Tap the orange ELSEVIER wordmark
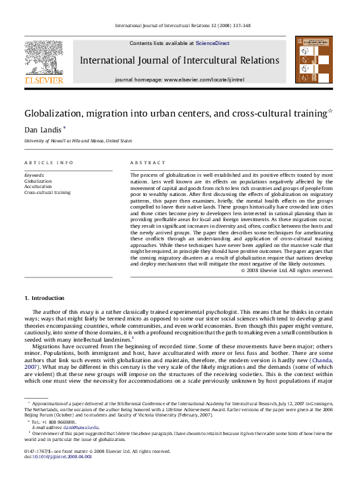(44, 80)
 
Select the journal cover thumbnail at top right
(309, 60)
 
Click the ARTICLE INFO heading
(49, 162)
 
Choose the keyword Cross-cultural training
(48, 192)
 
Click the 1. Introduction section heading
(45, 297)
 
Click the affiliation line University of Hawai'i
(78, 141)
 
